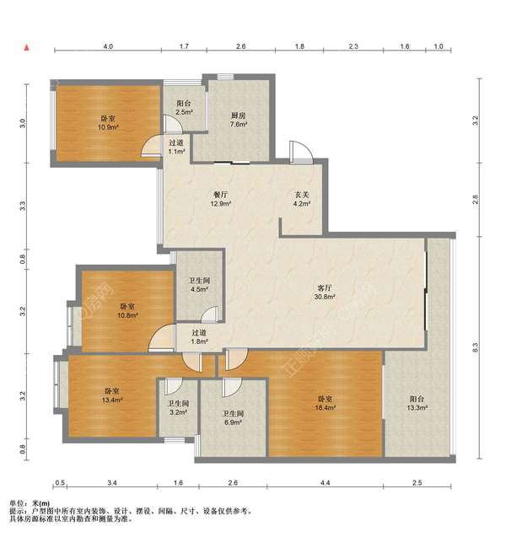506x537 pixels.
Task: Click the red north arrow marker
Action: [x=26, y=47]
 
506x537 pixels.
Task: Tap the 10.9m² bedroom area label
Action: [x=108, y=123]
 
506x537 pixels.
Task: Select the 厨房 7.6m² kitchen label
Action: [x=239, y=120]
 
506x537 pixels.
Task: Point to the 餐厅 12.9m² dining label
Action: [x=220, y=199]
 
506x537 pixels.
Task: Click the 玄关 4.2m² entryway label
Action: [x=302, y=199]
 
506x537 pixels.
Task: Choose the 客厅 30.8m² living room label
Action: [x=325, y=293]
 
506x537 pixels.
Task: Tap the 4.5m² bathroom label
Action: [x=199, y=285]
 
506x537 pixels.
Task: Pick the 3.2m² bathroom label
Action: [x=178, y=408]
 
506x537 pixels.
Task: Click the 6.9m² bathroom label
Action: [x=233, y=418]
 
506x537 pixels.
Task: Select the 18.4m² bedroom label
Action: [x=326, y=403]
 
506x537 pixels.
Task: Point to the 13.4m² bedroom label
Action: [x=112, y=395]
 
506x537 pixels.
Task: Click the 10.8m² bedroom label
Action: [x=127, y=311]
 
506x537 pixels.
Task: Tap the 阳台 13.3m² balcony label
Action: [x=417, y=403]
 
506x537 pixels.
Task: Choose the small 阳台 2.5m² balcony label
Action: [x=184, y=107]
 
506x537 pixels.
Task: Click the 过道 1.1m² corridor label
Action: [x=176, y=147]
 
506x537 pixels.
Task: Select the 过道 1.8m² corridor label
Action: [x=199, y=337]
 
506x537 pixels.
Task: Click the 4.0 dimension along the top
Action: [x=108, y=46]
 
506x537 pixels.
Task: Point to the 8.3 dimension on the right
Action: [x=475, y=347]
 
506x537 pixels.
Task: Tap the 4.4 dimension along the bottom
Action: [x=326, y=483]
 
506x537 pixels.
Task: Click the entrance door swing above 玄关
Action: [x=301, y=153]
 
